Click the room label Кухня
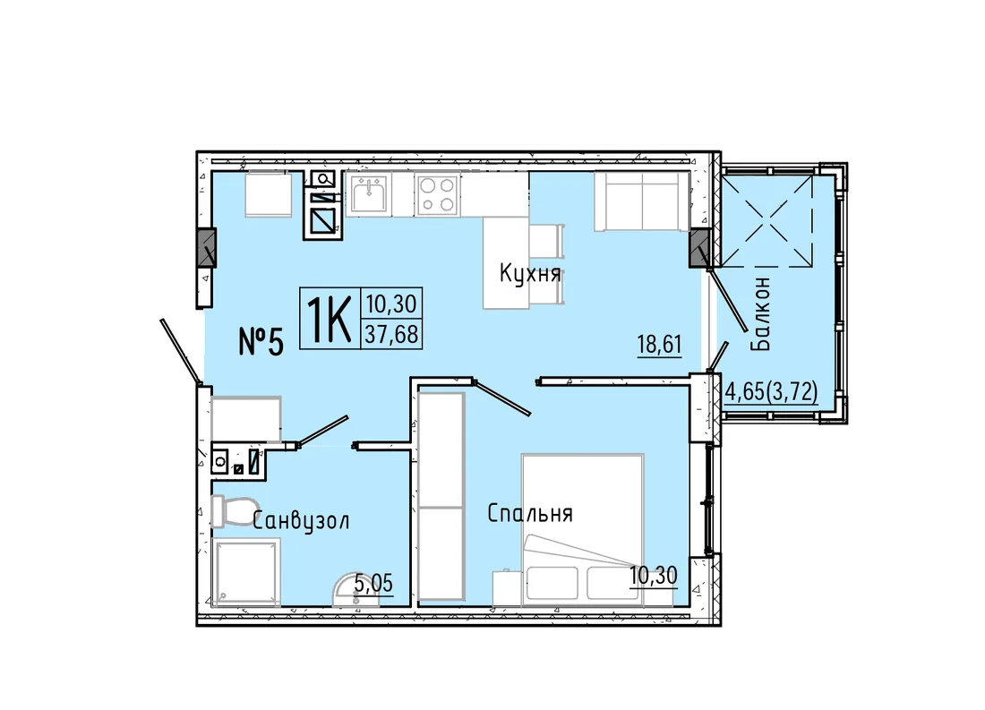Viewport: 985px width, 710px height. click(x=529, y=274)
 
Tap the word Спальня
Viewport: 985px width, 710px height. click(x=529, y=513)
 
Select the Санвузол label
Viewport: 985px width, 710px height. click(x=301, y=521)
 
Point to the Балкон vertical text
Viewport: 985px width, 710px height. click(x=760, y=314)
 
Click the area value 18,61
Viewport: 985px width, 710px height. click(x=659, y=345)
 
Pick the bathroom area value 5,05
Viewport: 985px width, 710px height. click(x=373, y=583)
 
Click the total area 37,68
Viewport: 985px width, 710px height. click(x=391, y=334)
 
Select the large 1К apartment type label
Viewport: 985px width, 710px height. click(x=329, y=318)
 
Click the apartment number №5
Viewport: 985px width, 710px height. click(x=261, y=342)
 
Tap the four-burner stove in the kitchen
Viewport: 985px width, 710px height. click(x=437, y=194)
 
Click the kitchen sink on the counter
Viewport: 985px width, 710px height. click(x=369, y=193)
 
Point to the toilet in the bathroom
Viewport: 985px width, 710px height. click(x=235, y=511)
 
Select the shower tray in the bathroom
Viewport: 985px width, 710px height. click(x=245, y=572)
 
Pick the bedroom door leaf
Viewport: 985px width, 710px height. click(x=502, y=398)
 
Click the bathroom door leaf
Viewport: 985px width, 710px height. click(x=321, y=431)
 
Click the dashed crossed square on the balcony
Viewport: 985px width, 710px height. click(x=766, y=220)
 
